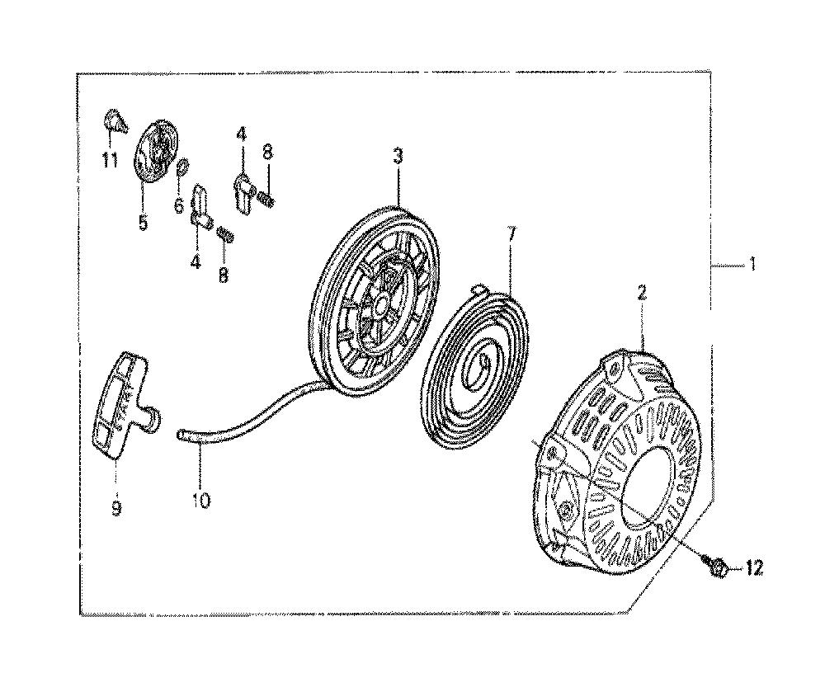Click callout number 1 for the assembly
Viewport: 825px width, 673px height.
point(753,262)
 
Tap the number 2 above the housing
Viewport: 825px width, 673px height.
point(642,293)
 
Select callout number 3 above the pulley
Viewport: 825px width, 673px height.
point(398,156)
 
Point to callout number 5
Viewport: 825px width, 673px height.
point(143,222)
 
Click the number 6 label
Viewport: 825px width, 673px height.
point(179,205)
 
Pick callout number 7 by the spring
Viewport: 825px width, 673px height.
point(512,233)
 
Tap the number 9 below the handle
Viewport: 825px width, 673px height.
point(116,507)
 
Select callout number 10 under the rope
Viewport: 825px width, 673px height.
point(201,500)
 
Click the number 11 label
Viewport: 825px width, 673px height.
point(110,159)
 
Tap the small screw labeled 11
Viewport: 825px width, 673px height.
point(115,121)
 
